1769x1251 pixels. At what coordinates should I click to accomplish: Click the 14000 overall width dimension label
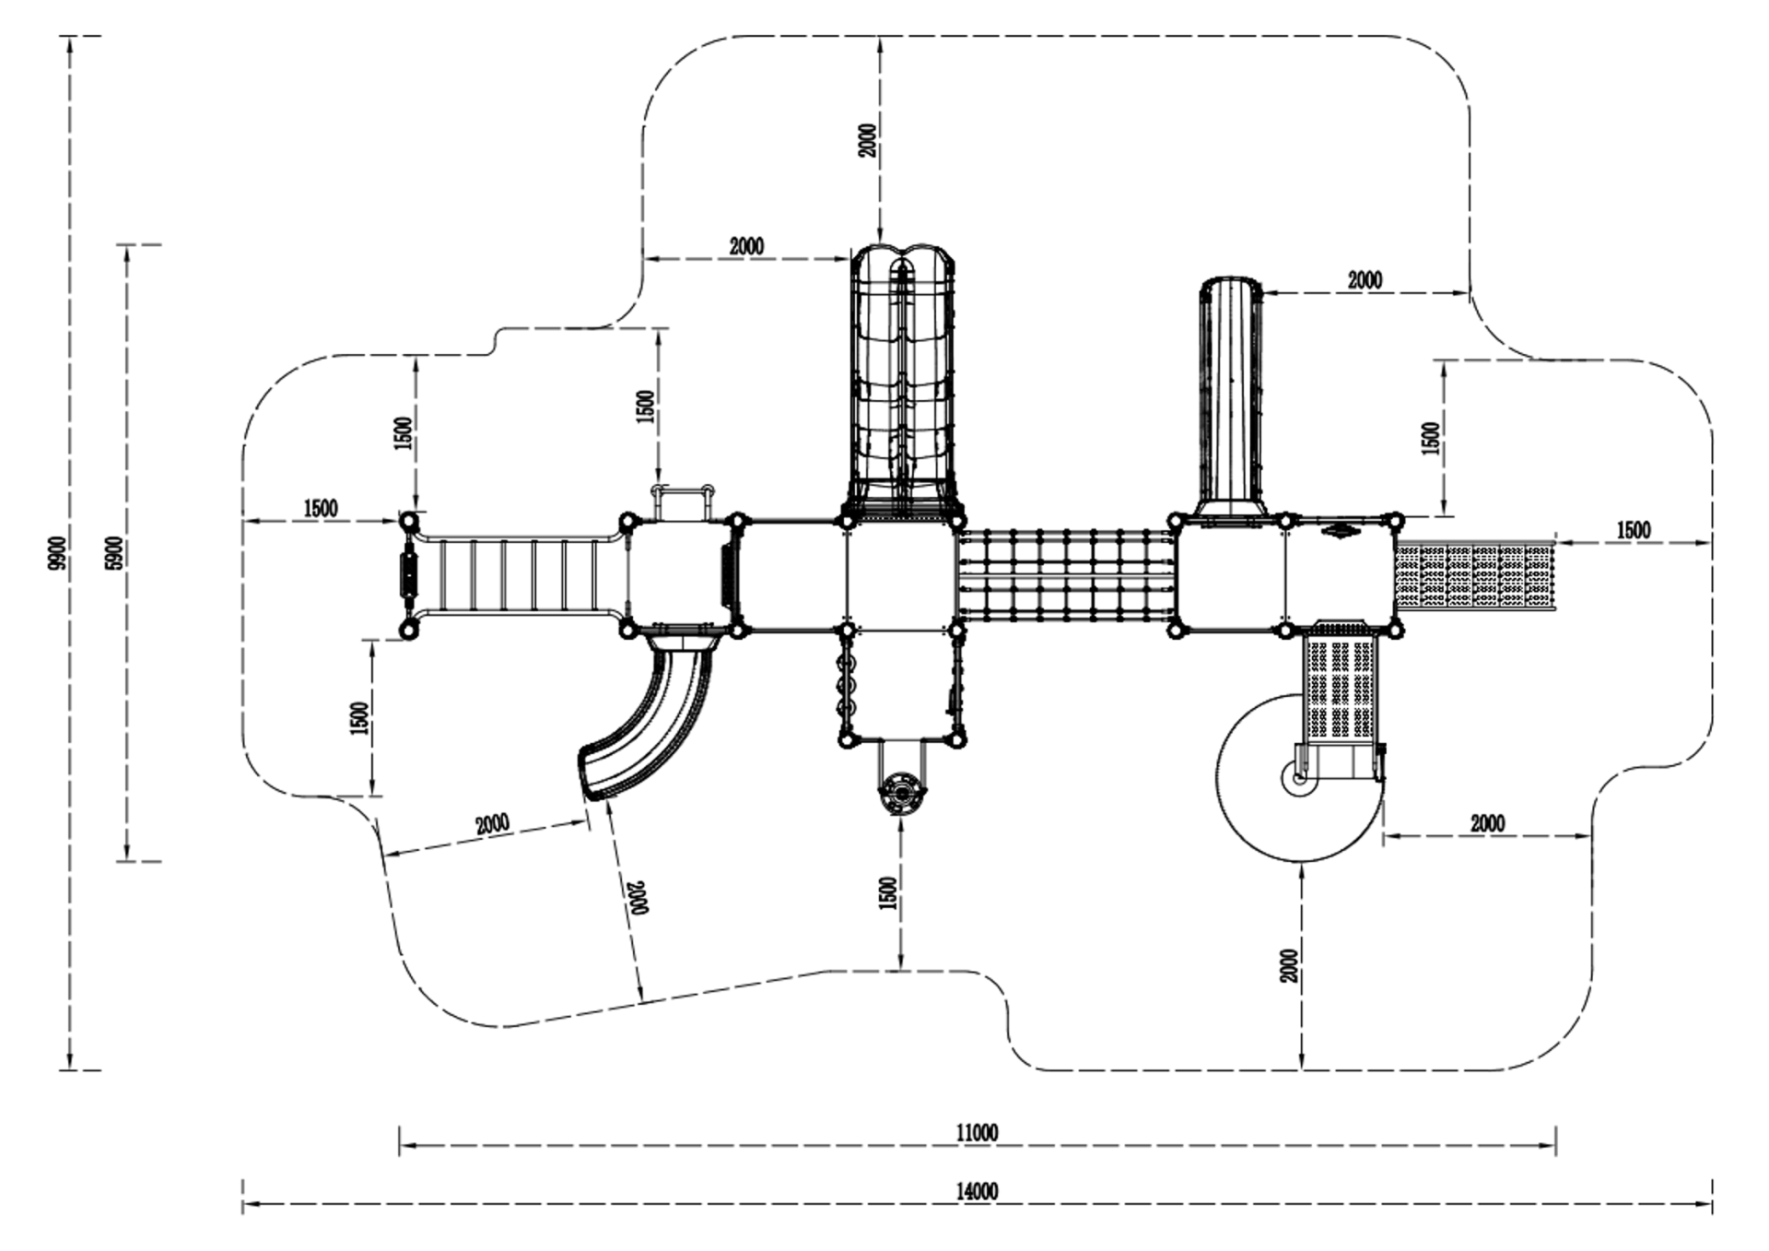click(977, 1191)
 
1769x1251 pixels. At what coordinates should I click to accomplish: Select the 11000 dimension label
click(977, 1132)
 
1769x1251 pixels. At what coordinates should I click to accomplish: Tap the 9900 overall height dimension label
click(57, 552)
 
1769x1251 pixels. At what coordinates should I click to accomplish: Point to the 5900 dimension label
click(114, 552)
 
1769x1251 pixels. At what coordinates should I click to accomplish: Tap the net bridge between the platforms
click(1066, 575)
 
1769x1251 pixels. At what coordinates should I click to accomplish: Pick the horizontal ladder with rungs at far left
click(516, 575)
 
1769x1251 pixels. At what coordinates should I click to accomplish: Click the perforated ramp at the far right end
click(1474, 575)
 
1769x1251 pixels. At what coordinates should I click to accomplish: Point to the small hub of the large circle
click(1298, 778)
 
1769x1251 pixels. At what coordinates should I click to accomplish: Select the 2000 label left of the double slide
click(746, 246)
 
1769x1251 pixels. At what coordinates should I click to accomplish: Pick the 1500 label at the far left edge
click(321, 508)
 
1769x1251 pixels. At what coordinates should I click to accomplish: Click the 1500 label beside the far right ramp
click(1634, 530)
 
